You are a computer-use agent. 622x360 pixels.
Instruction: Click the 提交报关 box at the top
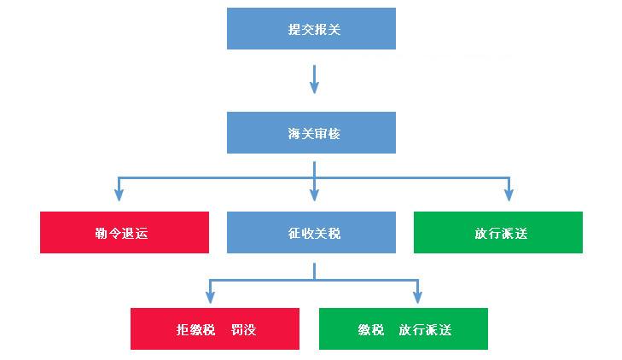coord(311,28)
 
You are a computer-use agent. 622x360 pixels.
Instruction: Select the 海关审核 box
coord(311,133)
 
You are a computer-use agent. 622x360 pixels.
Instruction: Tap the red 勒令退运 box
coord(124,232)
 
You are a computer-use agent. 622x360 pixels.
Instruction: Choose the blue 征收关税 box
coord(311,232)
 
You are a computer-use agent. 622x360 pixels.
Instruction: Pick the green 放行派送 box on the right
coord(497,232)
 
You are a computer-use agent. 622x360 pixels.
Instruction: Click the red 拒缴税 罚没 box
coord(214,328)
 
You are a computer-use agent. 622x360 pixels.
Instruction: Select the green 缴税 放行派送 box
coord(403,328)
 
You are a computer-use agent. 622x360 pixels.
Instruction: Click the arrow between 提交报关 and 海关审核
coord(314,78)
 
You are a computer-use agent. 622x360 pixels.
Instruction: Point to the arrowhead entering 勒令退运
coord(119,195)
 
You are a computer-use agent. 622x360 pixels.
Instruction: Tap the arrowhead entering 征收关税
coord(314,195)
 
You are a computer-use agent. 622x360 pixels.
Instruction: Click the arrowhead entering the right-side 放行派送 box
coord(509,195)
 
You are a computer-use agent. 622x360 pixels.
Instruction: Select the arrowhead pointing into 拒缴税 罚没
coord(210,297)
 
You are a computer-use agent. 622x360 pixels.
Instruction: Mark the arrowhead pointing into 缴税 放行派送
coord(417,297)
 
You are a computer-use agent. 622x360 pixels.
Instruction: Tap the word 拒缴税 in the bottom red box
coord(193,329)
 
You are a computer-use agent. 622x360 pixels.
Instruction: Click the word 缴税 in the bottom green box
coord(372,329)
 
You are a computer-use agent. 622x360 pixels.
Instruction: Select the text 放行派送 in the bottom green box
coord(425,329)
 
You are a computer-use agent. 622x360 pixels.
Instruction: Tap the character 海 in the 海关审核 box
coord(294,134)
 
